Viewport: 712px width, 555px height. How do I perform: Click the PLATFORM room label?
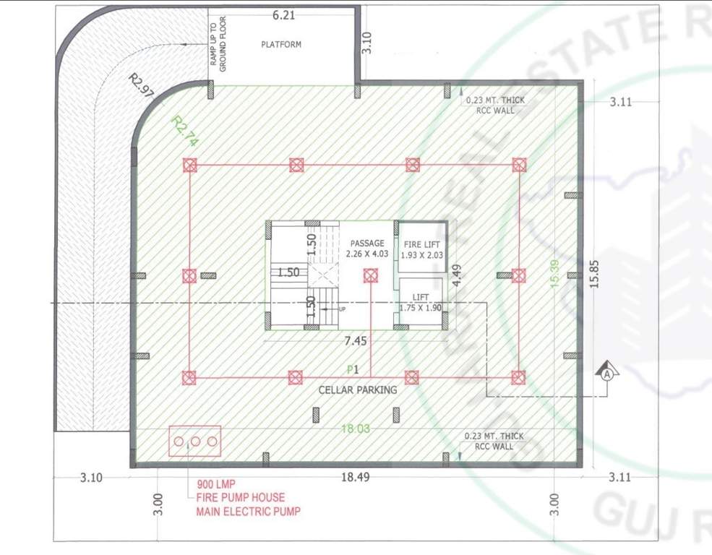(x=281, y=45)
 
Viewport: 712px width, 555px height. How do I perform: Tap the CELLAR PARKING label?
(x=358, y=390)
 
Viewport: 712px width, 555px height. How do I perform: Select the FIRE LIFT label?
(x=422, y=244)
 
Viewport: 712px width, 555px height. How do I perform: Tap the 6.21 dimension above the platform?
(x=283, y=14)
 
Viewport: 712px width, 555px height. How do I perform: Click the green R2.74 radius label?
(x=184, y=131)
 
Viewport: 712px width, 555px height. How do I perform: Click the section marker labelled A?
(x=608, y=374)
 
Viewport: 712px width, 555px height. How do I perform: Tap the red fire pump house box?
(x=194, y=441)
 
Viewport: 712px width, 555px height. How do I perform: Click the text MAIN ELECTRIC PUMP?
(x=248, y=512)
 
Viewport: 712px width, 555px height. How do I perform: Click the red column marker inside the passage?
(x=371, y=275)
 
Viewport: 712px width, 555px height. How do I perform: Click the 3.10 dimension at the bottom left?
(x=92, y=478)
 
